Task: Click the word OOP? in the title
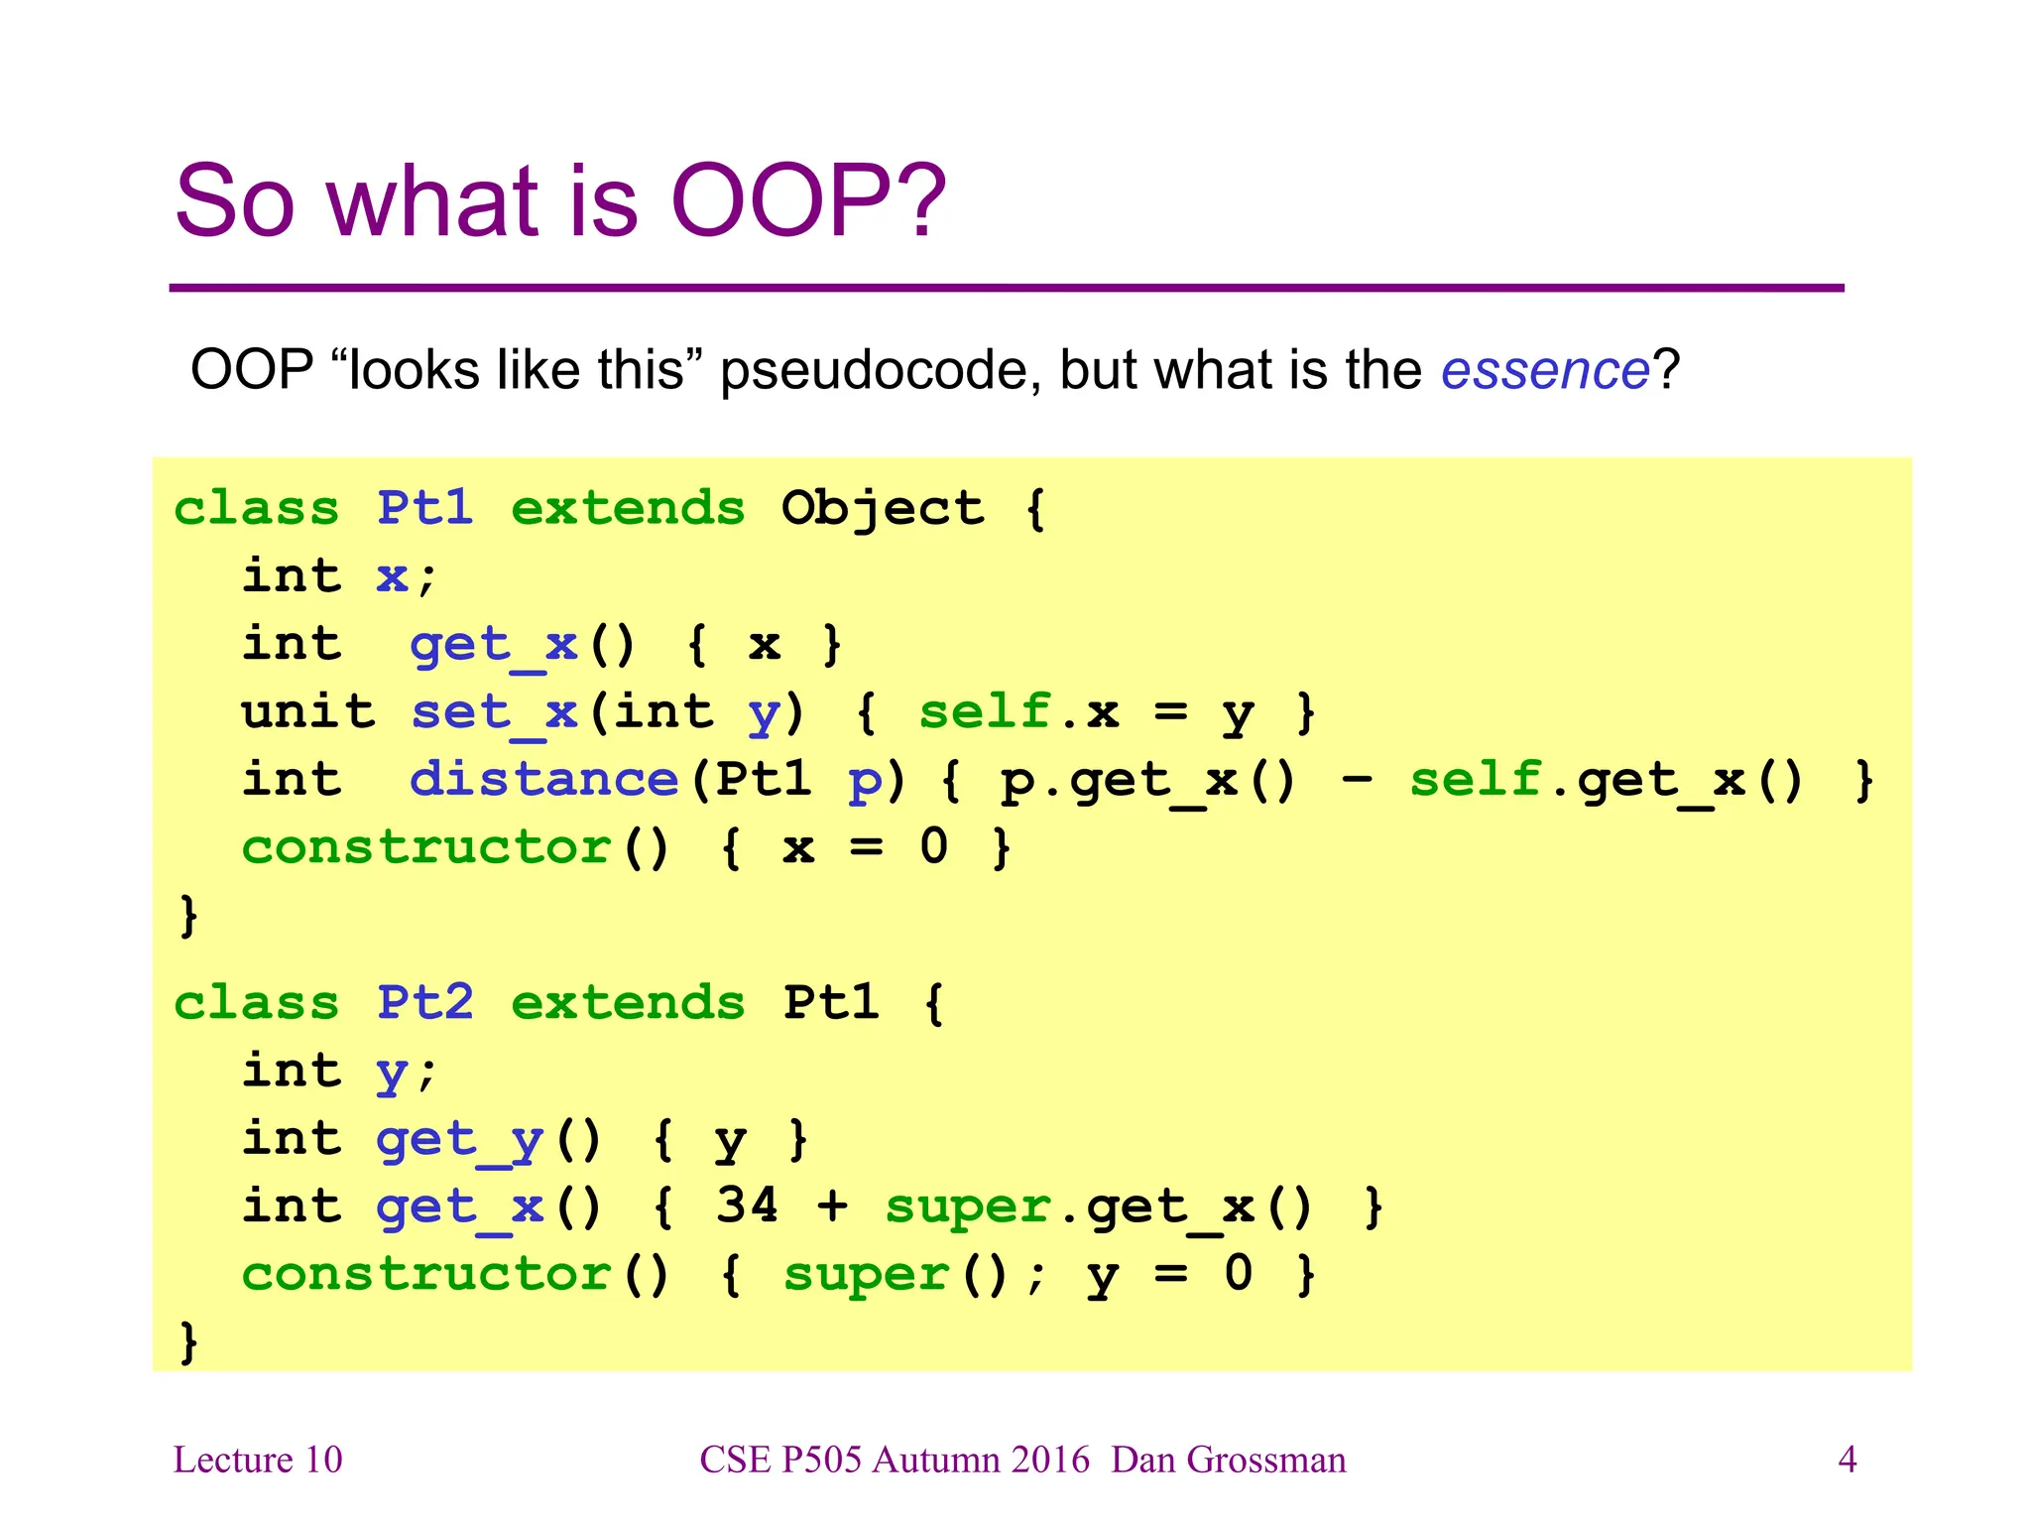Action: point(808,201)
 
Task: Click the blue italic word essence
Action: point(1544,371)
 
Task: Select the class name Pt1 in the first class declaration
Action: point(424,508)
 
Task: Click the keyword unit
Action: point(308,711)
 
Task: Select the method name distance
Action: point(543,779)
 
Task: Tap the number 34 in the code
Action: point(747,1206)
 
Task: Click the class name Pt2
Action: point(424,1002)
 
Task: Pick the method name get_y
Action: point(459,1140)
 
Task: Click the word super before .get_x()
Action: point(967,1207)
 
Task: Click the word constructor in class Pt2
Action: point(426,1274)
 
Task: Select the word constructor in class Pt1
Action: point(426,847)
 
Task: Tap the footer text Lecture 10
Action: point(258,1460)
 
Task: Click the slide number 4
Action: point(1847,1460)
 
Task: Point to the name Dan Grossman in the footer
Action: point(1228,1460)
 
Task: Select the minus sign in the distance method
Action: point(1356,779)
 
